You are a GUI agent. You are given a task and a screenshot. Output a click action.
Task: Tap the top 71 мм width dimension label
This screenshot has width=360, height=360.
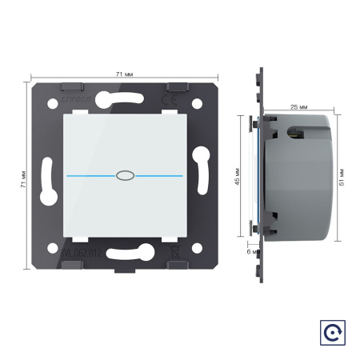[x=124, y=74]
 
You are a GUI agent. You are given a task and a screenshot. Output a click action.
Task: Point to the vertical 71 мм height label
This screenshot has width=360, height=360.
[x=23, y=178]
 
